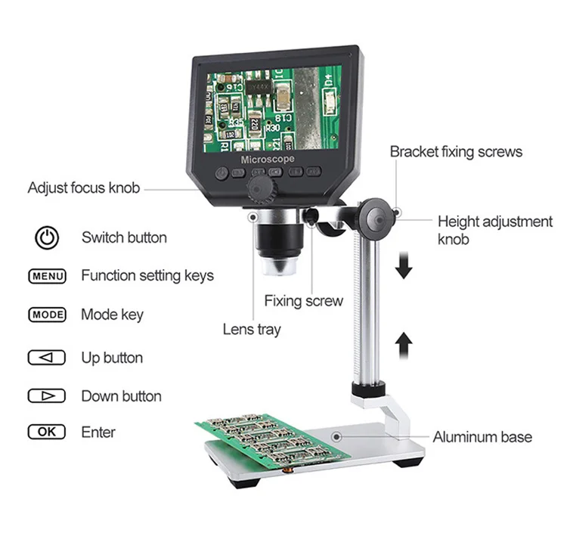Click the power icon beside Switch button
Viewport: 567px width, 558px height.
47,238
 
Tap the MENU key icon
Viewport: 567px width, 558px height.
47,276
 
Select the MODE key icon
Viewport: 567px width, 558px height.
47,315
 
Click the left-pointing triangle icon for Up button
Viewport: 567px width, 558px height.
47,358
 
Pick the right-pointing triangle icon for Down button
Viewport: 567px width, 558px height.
47,396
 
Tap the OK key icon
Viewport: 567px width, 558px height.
47,432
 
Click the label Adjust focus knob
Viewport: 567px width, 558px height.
84,188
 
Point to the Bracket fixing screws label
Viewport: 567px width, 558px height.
456,152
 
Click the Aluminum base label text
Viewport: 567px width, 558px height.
482,437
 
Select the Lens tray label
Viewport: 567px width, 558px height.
252,330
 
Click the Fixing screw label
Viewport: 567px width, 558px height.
303,301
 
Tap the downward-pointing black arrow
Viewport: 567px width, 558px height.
404,266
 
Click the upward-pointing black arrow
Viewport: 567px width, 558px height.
404,346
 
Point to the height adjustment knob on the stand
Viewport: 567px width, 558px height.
376,219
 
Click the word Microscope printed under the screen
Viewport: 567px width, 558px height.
268,160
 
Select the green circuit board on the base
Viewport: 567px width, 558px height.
273,439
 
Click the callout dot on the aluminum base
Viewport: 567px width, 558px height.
336,437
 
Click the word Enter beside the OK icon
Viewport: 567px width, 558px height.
98,432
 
